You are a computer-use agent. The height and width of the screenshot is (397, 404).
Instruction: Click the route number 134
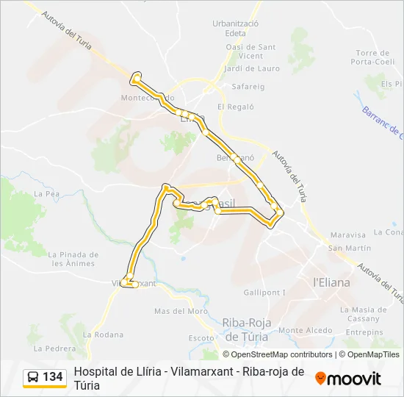(53, 377)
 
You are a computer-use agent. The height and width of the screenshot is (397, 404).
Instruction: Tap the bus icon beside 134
(33, 377)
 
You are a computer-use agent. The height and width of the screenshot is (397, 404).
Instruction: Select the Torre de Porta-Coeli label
(372, 57)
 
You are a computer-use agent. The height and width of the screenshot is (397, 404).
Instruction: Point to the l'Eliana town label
(332, 282)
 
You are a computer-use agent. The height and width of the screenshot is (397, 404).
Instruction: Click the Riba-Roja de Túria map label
(246, 329)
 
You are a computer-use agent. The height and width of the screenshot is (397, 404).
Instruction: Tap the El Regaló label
(235, 107)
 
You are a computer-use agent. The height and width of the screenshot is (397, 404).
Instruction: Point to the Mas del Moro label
(181, 311)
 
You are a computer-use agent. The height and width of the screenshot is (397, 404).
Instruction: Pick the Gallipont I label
(264, 293)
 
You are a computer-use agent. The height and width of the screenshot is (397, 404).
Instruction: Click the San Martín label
(349, 248)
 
